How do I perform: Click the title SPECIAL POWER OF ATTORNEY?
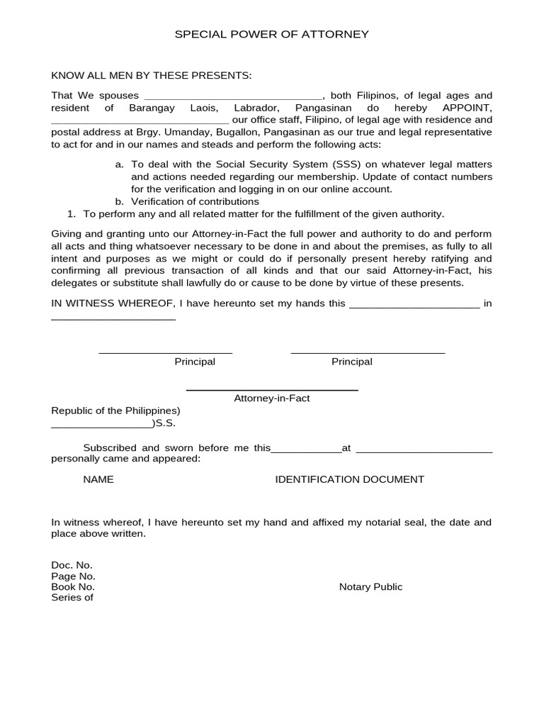[272, 34]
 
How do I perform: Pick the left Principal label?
[195, 362]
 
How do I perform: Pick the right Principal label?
[352, 362]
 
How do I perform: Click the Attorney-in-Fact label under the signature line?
[272, 398]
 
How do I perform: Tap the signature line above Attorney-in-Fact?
[272, 389]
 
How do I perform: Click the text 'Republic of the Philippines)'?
[115, 411]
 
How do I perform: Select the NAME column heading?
[98, 479]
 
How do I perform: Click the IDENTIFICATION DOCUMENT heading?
[349, 479]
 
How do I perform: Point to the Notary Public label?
[370, 586]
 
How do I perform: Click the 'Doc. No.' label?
[72, 565]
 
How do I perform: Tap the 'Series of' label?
[72, 597]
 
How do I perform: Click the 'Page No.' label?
[73, 576]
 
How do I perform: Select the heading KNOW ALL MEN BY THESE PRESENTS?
[152, 76]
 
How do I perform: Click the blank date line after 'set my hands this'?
[415, 307]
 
